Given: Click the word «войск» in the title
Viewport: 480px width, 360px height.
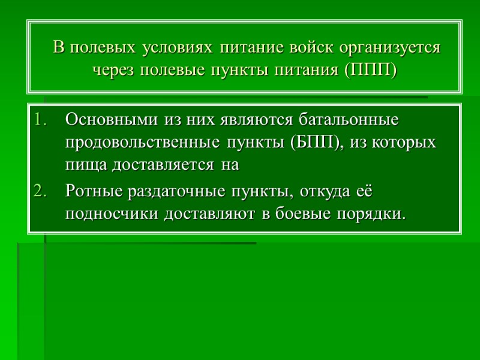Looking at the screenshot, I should click(313, 47).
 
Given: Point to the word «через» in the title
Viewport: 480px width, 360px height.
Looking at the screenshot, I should click(113, 70).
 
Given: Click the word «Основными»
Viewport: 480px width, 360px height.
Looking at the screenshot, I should click(111, 119).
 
